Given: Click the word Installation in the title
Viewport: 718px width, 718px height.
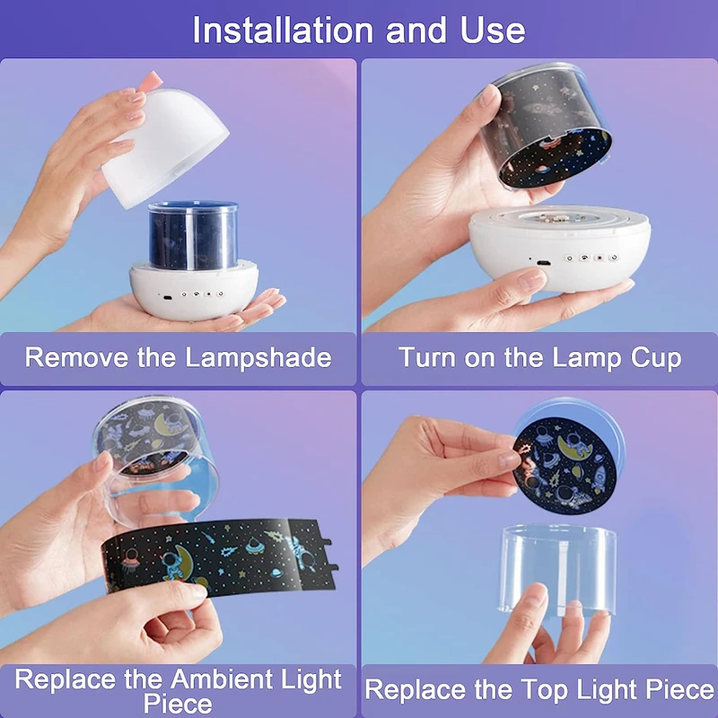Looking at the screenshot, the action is click(283, 31).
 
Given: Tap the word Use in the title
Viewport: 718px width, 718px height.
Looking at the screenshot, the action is click(493, 31).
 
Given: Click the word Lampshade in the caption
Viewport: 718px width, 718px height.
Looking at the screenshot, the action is click(258, 358).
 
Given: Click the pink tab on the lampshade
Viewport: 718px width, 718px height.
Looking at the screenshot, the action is click(151, 81).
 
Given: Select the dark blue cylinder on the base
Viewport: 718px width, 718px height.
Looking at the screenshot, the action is click(193, 235).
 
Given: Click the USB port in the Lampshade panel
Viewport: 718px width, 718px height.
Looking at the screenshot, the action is click(167, 298).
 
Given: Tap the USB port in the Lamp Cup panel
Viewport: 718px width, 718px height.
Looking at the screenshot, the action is click(544, 263).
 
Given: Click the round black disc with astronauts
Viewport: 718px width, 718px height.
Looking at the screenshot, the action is click(565, 465).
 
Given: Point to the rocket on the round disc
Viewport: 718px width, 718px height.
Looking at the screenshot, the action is click(599, 477).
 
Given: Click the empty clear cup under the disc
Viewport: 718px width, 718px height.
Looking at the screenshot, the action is click(557, 568).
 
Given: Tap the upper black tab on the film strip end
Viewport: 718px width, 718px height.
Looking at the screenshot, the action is click(324, 543).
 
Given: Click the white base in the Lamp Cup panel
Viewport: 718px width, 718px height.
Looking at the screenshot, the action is click(559, 248).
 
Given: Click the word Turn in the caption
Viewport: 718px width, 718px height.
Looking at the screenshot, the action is click(428, 357).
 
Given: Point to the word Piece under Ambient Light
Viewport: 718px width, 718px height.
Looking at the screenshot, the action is click(178, 704).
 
